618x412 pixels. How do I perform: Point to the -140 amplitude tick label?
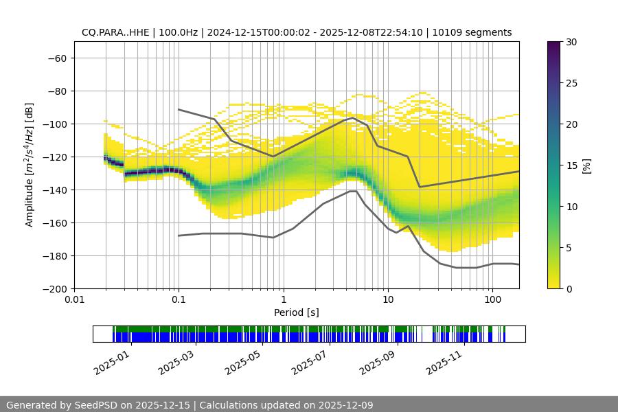tap(56, 190)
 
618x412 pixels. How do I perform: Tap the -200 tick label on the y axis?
tap(56, 288)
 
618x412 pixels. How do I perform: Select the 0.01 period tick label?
tap(74, 299)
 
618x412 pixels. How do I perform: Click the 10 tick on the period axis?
tap(388, 299)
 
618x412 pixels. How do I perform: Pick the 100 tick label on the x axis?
tap(492, 299)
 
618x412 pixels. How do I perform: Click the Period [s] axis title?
tap(297, 312)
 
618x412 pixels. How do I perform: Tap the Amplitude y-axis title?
tap(30, 165)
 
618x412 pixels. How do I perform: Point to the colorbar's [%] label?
tap(586, 165)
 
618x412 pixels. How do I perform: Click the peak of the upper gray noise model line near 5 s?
tap(353, 117)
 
